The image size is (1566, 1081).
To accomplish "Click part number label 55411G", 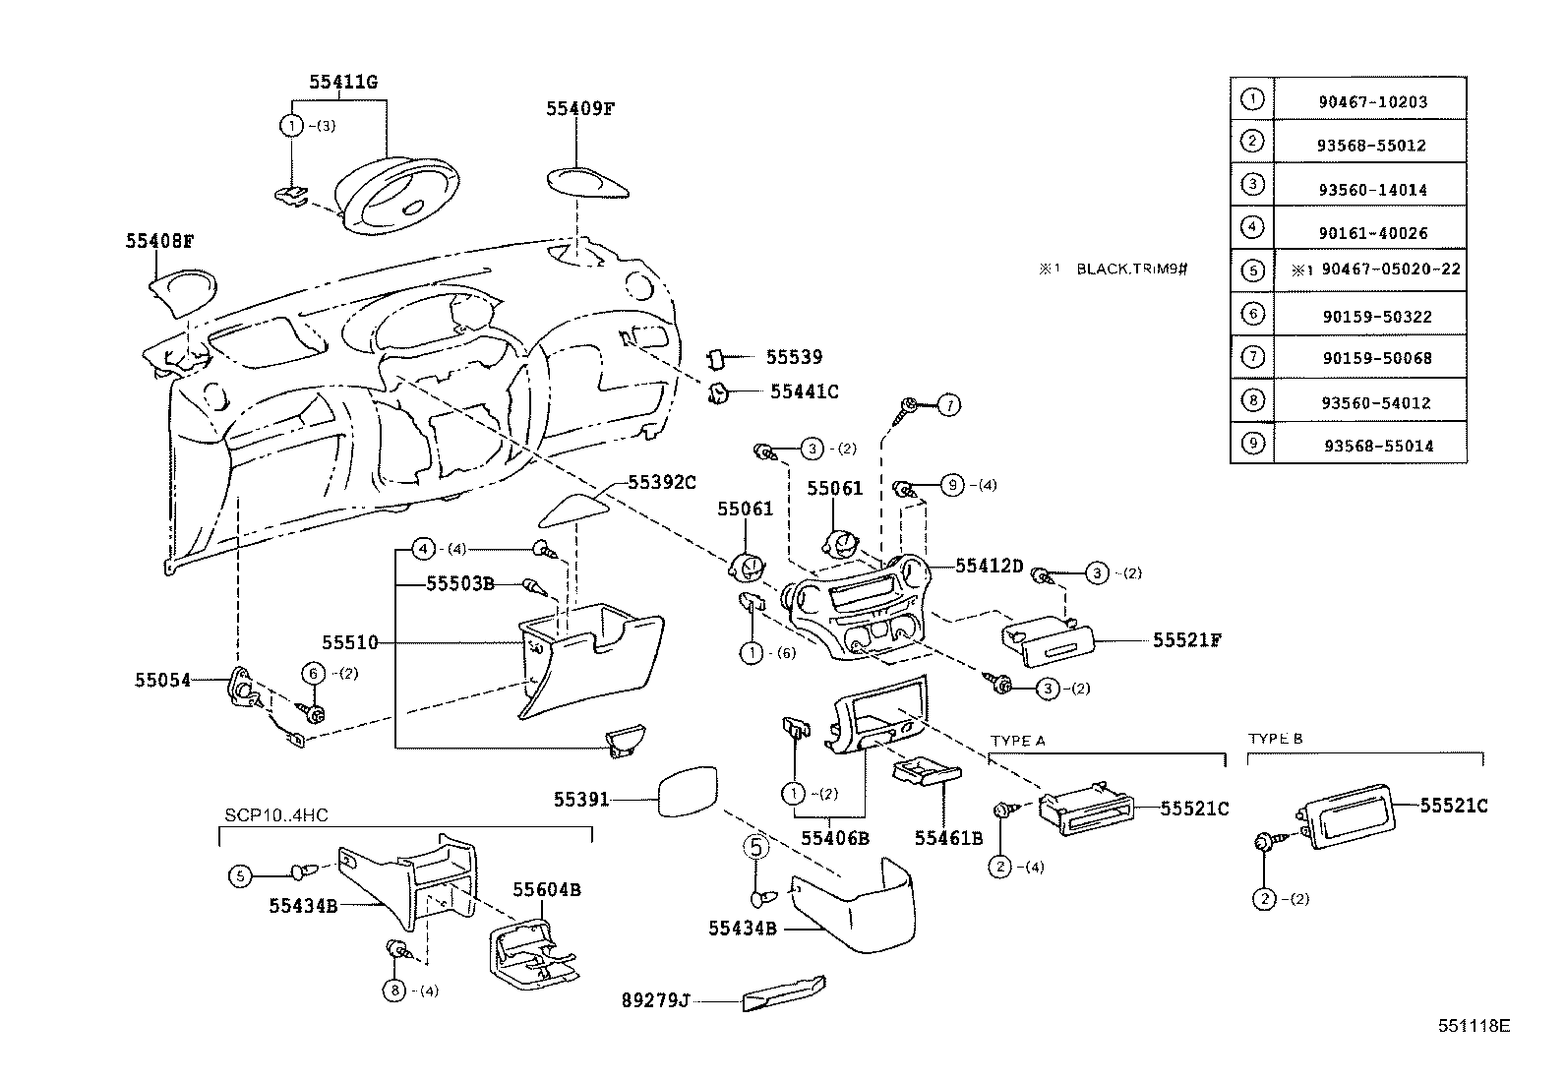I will coord(342,83).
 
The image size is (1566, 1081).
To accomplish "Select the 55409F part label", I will coord(580,109).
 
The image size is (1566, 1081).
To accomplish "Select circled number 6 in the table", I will coord(1252,314).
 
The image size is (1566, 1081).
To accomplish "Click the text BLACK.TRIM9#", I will coord(1132,269).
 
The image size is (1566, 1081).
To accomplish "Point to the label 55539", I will coord(794,357).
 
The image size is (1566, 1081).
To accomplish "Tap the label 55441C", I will coord(804,391).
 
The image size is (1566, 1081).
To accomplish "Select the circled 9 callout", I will coord(950,484).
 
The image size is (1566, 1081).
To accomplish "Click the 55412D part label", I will coord(990,566).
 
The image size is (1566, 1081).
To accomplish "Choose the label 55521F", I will coord(1187,640).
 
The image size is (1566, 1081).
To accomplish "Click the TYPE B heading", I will coord(1275,739).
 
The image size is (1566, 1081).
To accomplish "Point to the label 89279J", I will coord(654,1000).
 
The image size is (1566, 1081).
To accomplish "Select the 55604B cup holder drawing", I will coord(533,950).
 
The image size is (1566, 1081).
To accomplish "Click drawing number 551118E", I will coord(1474,1025).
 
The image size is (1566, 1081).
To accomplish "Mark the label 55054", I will coord(162,679).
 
